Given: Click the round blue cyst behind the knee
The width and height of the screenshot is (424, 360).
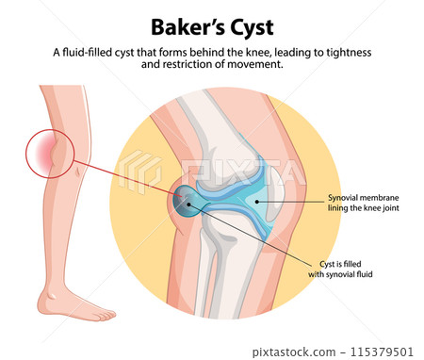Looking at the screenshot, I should click(187, 205).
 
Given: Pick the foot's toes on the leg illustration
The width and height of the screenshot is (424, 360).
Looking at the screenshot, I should click(106, 313).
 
